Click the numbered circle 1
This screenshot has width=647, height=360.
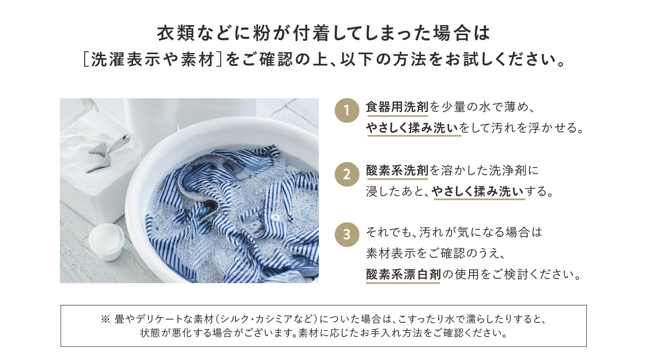pos(347,110)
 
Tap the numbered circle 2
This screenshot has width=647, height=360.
pos(347,174)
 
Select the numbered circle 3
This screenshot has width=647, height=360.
pos(347,235)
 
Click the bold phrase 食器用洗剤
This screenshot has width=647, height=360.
pos(397,107)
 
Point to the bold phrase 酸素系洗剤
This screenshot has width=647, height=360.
pos(397,170)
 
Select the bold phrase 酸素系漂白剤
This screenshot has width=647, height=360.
pos(403,274)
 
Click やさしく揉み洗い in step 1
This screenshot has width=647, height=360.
pos(412,128)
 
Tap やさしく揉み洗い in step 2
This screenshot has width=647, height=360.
pos(478,191)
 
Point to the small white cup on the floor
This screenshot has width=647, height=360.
pos(106,241)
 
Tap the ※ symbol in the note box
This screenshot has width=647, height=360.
pos(106,319)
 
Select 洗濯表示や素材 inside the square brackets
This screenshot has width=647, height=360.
pos(152,59)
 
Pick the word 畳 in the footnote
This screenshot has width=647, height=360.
pos(119,319)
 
